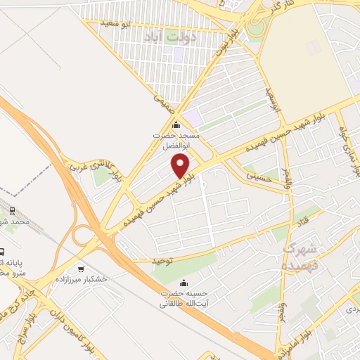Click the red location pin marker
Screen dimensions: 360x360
click(181, 166)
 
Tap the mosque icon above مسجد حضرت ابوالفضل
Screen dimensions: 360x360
click(176, 126)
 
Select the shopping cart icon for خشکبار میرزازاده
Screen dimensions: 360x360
click(81, 269)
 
